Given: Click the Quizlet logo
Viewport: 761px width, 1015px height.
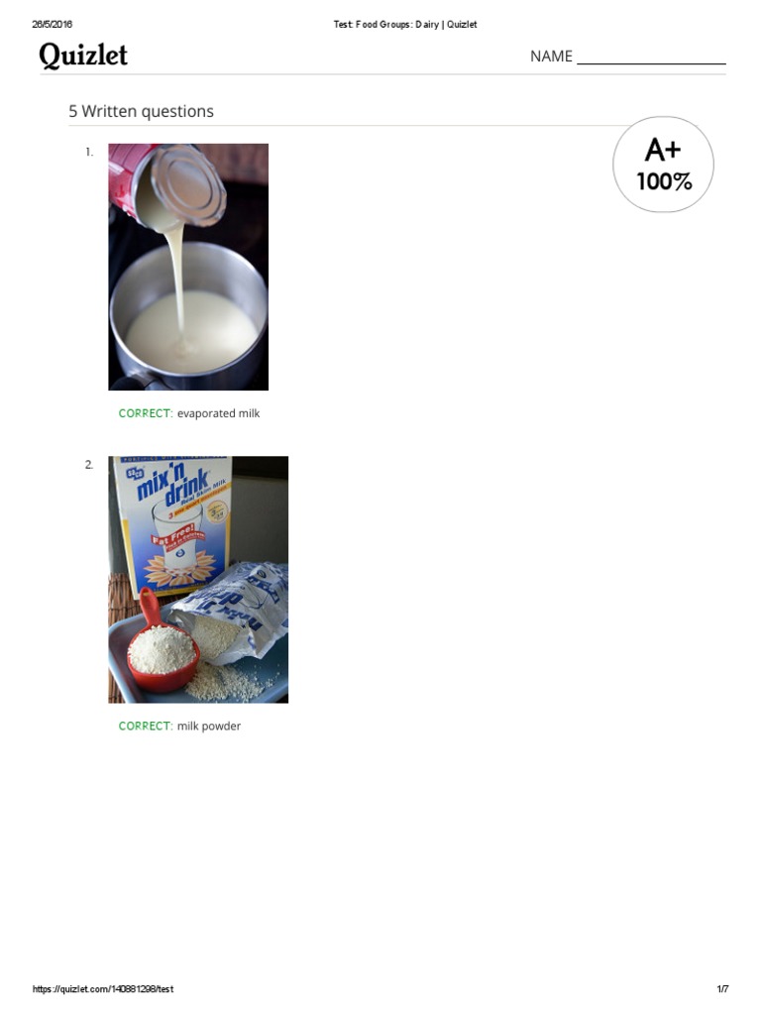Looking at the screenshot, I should [83, 56].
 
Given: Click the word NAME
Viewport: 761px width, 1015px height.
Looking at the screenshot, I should [551, 56].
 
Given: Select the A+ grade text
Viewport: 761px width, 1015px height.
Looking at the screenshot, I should [663, 150].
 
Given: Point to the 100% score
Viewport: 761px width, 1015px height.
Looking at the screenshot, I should [664, 181].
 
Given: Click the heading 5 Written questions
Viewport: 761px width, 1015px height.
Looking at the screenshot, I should [141, 111].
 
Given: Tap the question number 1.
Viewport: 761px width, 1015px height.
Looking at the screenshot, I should [89, 152].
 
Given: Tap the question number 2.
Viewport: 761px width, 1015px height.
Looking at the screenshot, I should [89, 464].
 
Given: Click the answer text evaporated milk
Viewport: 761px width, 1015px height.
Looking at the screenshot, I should [218, 413].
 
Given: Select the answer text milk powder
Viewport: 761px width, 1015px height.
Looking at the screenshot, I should [209, 726].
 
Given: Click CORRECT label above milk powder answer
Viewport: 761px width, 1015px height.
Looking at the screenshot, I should [146, 726].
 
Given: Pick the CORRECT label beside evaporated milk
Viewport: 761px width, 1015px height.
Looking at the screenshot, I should [146, 413].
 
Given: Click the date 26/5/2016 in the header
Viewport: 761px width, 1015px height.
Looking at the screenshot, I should [53, 24].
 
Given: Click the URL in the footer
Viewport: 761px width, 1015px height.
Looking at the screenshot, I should [104, 989].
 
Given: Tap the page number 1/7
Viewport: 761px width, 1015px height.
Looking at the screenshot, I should [722, 989].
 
